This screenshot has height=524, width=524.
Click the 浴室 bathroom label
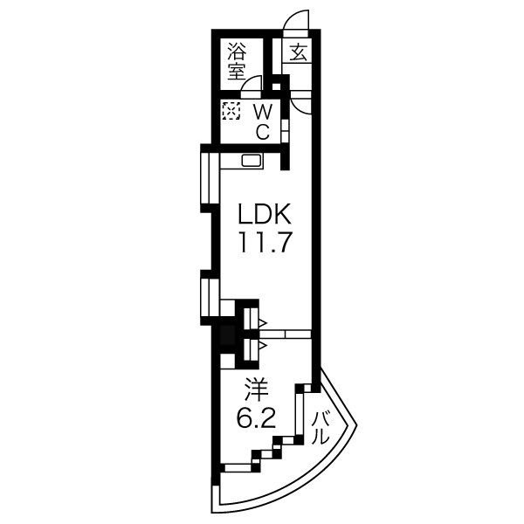click(237, 62)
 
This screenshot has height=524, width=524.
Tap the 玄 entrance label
click(298, 52)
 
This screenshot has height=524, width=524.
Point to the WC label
click(263, 121)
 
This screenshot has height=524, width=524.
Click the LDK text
click(264, 214)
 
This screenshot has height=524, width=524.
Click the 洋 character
click(257, 390)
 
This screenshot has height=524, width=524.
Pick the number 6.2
click(256, 418)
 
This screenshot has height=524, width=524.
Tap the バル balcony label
click(321, 428)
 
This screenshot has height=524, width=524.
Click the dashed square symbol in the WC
click(231, 111)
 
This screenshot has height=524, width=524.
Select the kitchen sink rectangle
click(252, 161)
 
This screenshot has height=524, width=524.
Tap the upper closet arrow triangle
click(262, 323)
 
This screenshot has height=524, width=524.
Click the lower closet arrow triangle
click(262, 345)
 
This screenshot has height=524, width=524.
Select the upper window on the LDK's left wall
click(210, 177)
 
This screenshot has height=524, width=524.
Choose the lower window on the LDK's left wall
click(210, 298)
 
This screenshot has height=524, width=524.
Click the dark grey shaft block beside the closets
click(228, 337)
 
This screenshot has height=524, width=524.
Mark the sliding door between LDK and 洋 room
click(286, 334)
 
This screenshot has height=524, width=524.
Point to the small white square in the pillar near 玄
click(276, 86)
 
